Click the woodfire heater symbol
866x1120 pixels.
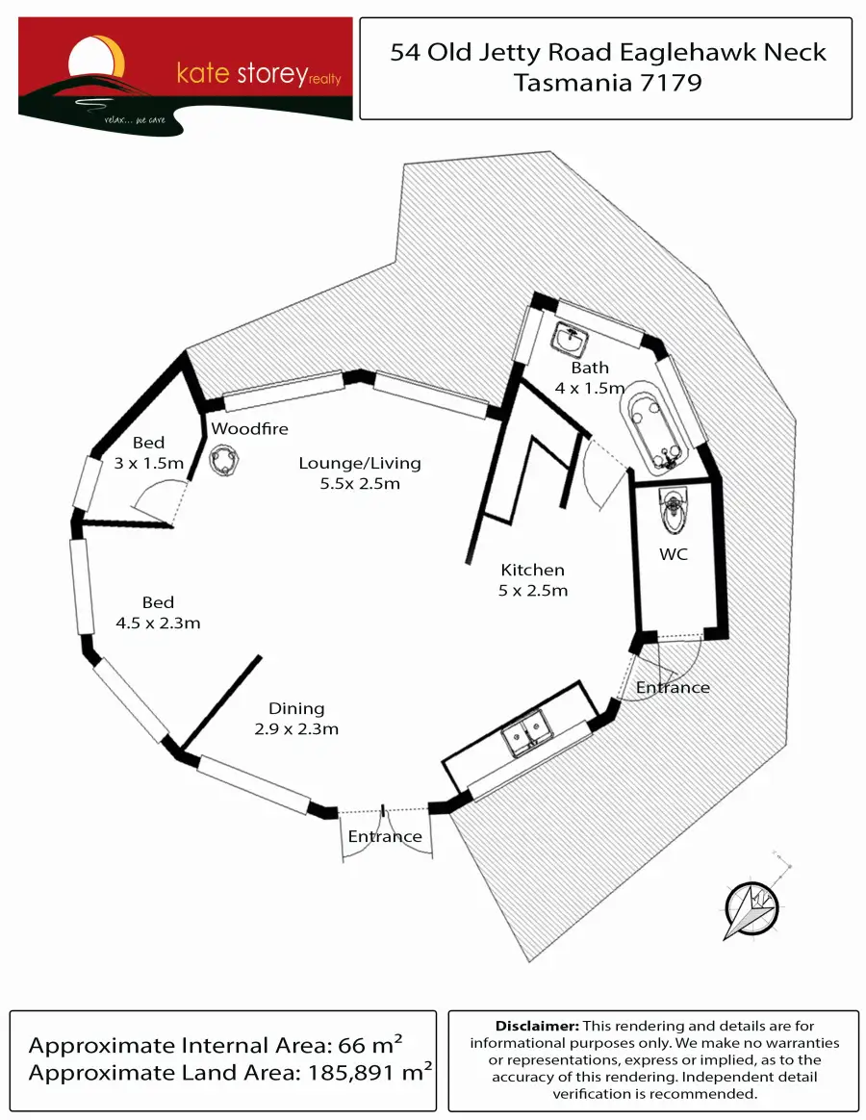(x=224, y=461)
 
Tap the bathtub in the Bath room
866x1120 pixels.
(x=654, y=428)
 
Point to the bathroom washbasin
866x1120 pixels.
(x=571, y=339)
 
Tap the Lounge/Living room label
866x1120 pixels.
(x=360, y=463)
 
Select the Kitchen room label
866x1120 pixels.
(x=532, y=570)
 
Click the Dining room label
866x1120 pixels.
(x=296, y=708)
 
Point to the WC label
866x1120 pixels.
(x=674, y=554)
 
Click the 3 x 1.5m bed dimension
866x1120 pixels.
(x=148, y=463)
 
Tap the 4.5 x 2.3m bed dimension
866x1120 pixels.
(x=158, y=623)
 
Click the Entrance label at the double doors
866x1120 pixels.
(x=385, y=836)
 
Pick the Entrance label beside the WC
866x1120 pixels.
(x=673, y=687)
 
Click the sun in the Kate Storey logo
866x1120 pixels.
(x=96, y=58)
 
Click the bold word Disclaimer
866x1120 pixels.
(x=537, y=1026)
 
